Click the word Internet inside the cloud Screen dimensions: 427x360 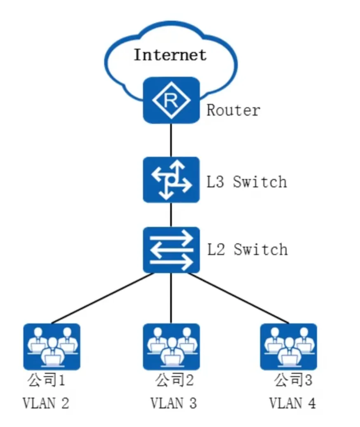[x=169, y=55]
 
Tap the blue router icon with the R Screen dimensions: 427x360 [x=171, y=100]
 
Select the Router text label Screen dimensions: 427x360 [x=233, y=110]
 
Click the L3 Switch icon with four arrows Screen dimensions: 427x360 [x=171, y=180]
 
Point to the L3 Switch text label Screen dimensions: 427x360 [x=246, y=182]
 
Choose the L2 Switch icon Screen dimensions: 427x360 [x=171, y=250]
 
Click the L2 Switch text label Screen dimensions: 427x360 [x=247, y=249]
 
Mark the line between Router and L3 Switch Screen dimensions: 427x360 [x=171, y=140]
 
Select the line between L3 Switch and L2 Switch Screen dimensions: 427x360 [x=171, y=215]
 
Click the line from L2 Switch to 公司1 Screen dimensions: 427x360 [x=103, y=298]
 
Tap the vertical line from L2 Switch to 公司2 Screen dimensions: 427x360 [x=171, y=298]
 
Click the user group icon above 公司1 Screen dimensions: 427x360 [x=52, y=346]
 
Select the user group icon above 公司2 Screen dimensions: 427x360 [x=171, y=346]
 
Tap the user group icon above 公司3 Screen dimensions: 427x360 [x=288, y=346]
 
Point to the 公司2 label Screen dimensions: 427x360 [x=174, y=380]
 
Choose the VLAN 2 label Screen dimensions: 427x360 [x=45, y=403]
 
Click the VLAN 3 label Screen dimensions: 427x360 [x=173, y=403]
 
